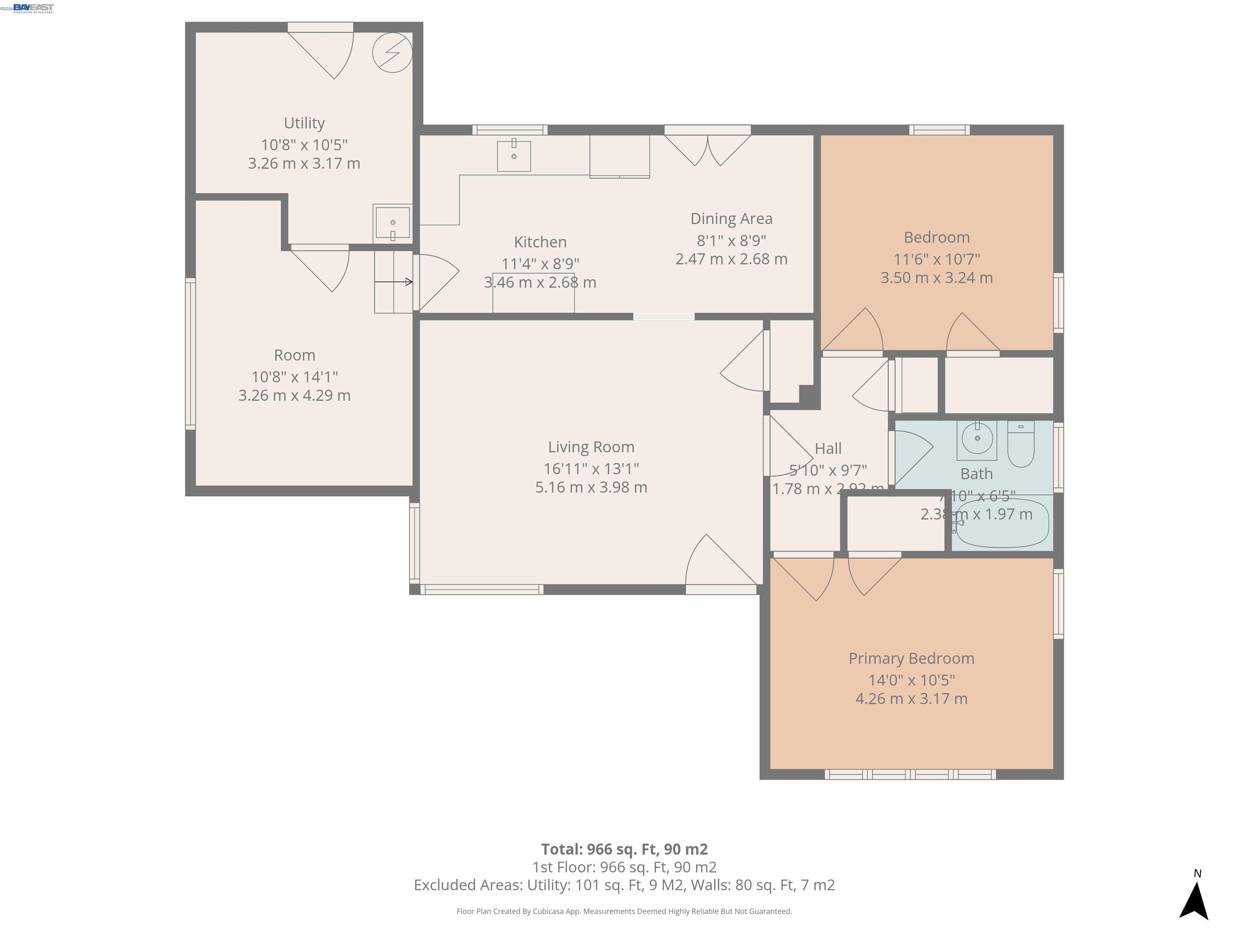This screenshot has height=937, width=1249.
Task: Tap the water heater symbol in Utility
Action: (392, 52)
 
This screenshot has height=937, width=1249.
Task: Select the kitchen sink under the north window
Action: (513, 156)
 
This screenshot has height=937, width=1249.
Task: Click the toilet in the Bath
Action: (1021, 445)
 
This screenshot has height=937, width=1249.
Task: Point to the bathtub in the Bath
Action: (1002, 523)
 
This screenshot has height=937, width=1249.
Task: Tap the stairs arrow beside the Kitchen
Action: (394, 282)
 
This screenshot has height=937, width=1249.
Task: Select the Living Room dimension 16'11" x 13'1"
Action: (591, 468)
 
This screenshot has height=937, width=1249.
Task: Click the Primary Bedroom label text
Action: (911, 658)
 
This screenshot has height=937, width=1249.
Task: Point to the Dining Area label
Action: (731, 218)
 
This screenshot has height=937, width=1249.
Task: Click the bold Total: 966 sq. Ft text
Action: (624, 849)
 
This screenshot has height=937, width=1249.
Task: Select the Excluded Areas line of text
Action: (624, 885)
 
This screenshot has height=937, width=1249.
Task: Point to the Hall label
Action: (828, 449)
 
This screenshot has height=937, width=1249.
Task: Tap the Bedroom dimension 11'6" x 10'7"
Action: (936, 259)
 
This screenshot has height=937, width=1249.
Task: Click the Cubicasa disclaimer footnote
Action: (624, 911)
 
